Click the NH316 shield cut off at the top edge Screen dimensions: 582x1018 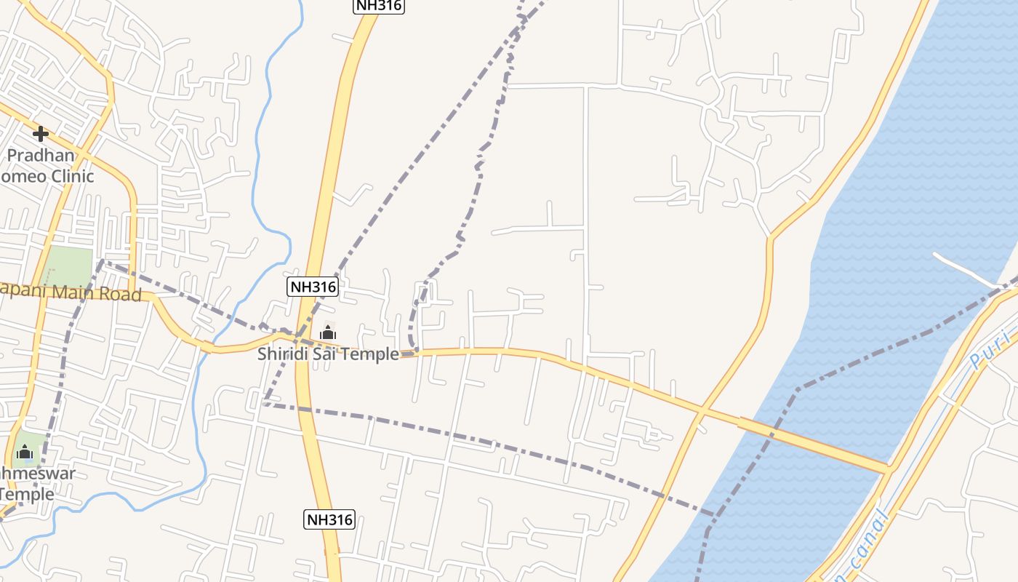(378, 5)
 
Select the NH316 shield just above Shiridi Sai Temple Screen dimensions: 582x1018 (313, 287)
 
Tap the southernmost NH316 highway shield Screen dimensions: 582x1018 (329, 519)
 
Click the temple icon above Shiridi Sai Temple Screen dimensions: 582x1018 (328, 332)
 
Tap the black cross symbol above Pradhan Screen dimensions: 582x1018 (41, 133)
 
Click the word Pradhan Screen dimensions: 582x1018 (41, 155)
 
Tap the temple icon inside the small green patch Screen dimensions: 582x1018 (25, 453)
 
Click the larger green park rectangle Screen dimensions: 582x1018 (70, 266)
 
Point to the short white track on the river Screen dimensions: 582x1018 (967, 271)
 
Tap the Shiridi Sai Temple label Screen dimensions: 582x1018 (328, 354)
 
